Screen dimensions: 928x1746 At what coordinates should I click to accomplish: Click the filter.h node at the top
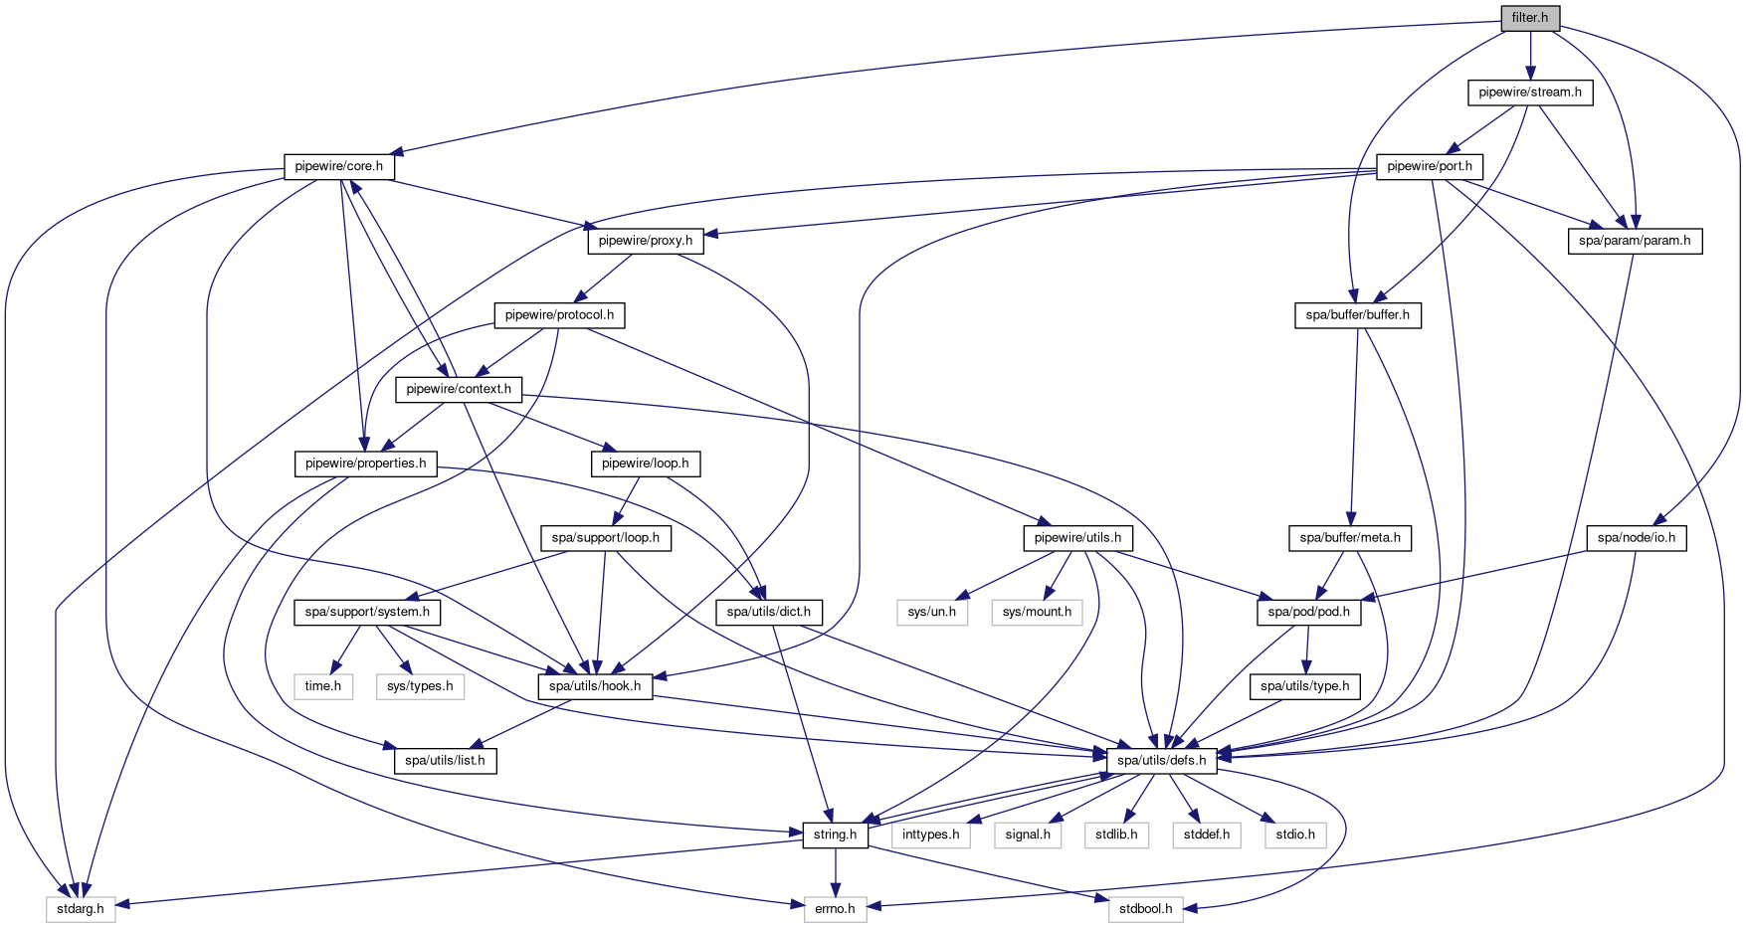pos(1530,18)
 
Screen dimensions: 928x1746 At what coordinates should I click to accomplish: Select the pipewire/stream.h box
pos(1530,93)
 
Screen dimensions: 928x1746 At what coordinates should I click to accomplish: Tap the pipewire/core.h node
pos(339,166)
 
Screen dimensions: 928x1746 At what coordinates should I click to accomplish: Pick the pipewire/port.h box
pos(1429,166)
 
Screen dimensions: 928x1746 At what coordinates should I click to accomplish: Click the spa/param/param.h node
pos(1635,241)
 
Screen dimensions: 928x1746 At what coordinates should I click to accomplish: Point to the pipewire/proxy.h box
pos(646,241)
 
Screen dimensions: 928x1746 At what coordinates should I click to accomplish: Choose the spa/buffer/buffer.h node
pos(1357,315)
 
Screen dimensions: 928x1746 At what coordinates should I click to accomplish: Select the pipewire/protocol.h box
pos(559,315)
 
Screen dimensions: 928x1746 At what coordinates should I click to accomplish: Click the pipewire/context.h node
pos(458,389)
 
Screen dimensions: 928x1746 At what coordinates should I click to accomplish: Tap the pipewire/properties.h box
pos(365,464)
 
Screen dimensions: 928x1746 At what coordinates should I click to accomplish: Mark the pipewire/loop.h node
pos(646,464)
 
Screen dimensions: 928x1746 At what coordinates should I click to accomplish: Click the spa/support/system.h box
pos(367,612)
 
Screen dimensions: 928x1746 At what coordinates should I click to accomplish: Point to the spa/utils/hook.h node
pos(595,686)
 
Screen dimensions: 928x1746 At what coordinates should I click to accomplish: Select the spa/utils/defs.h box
pos(1161,761)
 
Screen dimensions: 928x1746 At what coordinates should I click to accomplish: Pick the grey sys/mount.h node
pos(1037,612)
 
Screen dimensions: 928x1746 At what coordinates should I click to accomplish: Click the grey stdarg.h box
pos(81,909)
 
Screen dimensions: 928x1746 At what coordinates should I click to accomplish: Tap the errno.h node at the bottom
pos(835,909)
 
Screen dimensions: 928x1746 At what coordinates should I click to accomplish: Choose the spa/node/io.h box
pos(1636,538)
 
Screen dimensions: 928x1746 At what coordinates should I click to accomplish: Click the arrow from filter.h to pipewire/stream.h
pos(1530,55)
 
